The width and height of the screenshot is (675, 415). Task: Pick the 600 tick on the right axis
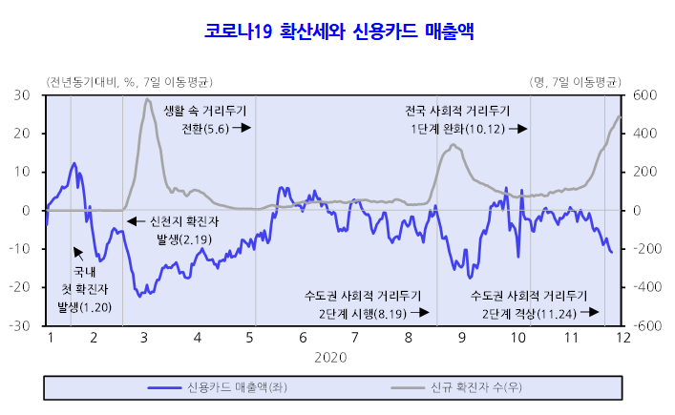(x=639, y=95)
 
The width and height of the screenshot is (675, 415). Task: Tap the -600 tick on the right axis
(x=641, y=324)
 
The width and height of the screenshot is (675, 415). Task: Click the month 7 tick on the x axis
(x=355, y=338)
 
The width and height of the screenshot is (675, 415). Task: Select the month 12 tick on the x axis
(x=622, y=338)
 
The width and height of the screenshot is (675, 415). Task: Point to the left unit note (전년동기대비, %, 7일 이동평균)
(x=130, y=80)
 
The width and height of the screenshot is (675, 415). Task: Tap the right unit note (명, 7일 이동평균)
(x=575, y=80)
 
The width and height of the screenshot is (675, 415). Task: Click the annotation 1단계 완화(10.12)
(x=458, y=128)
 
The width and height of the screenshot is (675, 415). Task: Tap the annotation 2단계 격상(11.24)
(x=528, y=312)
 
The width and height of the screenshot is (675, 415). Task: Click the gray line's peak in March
(x=147, y=99)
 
